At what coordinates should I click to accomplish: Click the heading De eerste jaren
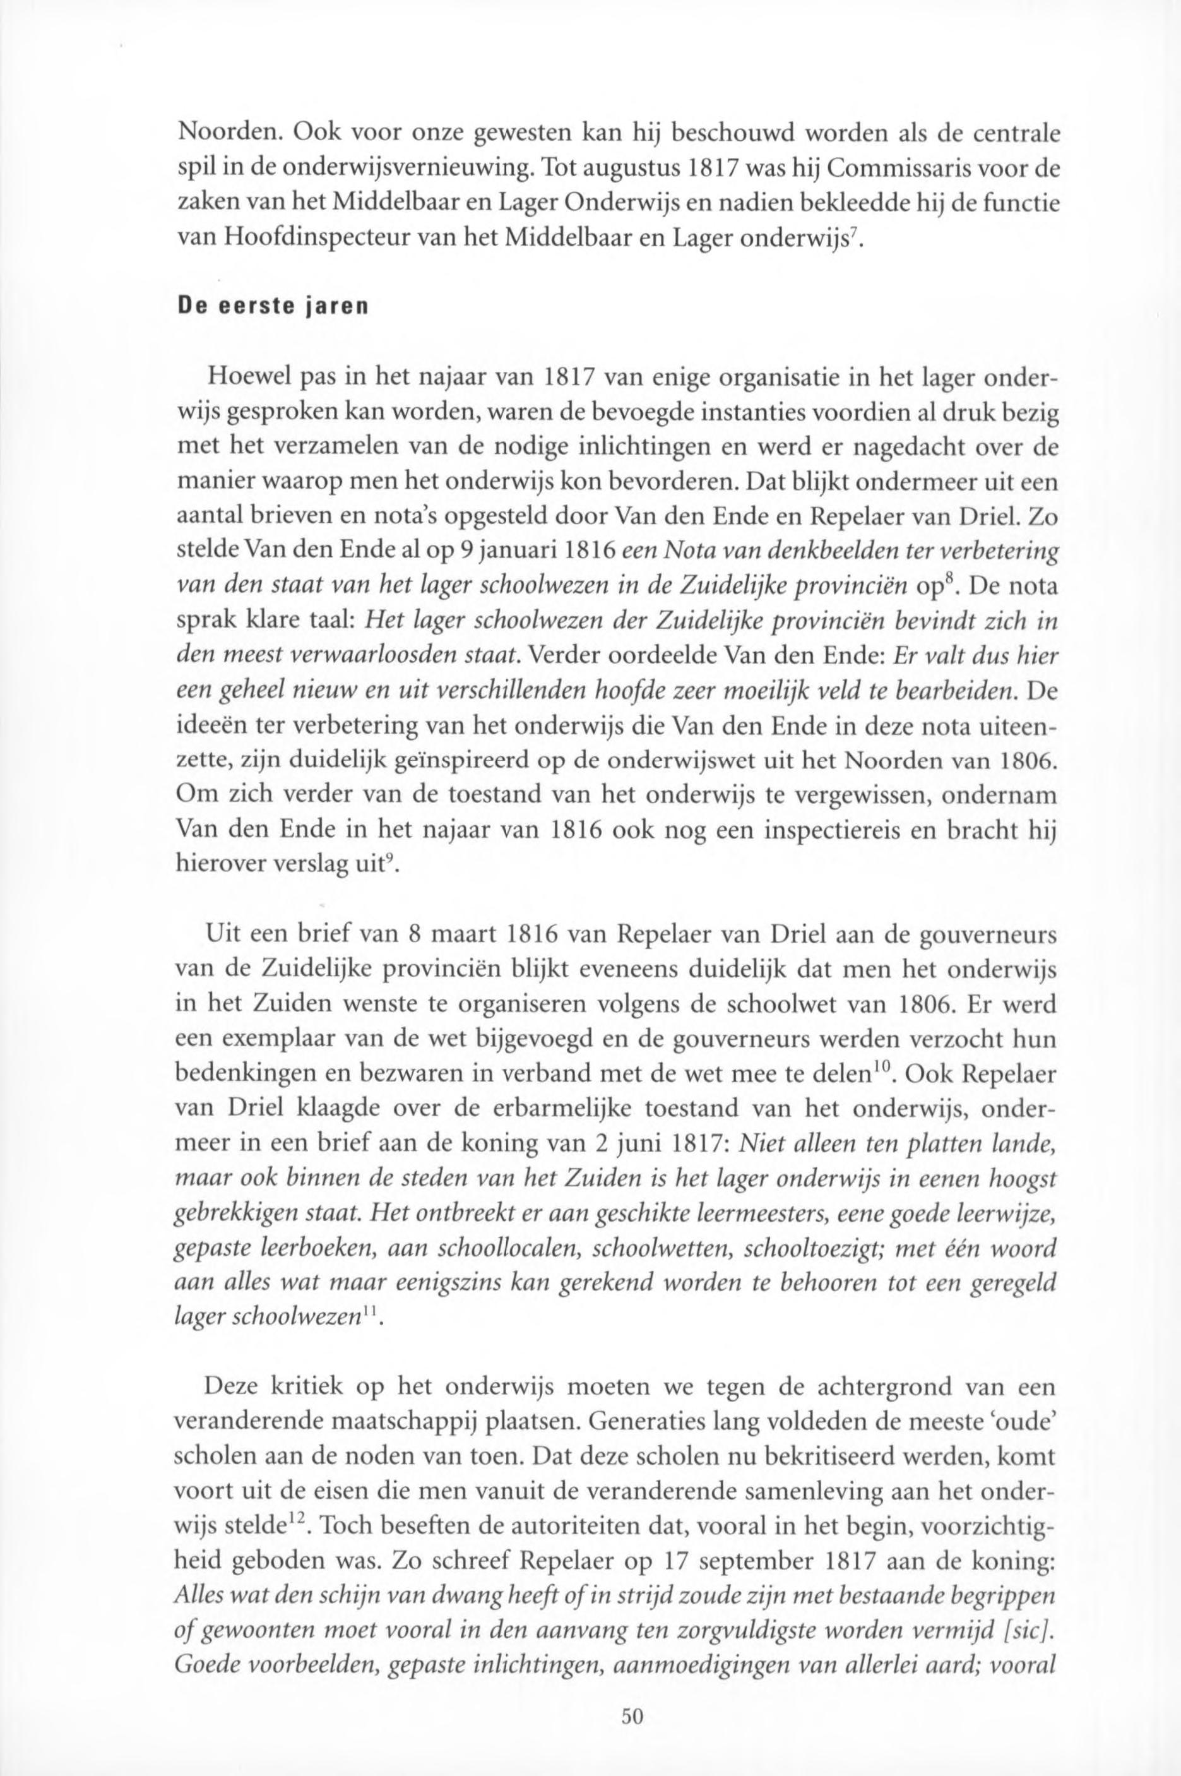click(271, 309)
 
